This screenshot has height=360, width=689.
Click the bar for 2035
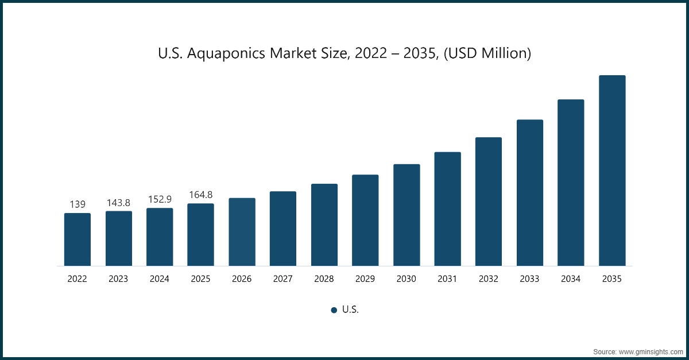click(x=611, y=171)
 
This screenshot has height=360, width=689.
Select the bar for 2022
click(x=77, y=239)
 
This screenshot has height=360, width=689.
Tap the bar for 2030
click(x=407, y=215)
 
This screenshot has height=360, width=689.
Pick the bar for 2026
click(x=242, y=232)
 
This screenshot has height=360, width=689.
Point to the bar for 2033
click(x=529, y=193)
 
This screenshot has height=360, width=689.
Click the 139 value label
click(x=77, y=204)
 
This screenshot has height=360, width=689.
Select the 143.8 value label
click(x=118, y=203)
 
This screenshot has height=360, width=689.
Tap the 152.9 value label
click(x=160, y=199)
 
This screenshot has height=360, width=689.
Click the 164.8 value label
click(x=200, y=195)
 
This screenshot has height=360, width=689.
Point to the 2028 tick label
click(x=324, y=279)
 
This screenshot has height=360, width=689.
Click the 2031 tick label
click(x=447, y=279)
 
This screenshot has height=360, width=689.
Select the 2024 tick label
click(x=160, y=279)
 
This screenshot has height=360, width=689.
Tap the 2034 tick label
click(x=571, y=279)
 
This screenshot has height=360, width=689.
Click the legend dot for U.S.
click(x=334, y=310)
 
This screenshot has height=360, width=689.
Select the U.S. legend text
click(x=350, y=309)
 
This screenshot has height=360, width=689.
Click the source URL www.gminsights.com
click(x=651, y=350)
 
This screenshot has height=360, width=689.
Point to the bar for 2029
click(x=365, y=220)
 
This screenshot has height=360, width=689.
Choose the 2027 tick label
click(x=283, y=279)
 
